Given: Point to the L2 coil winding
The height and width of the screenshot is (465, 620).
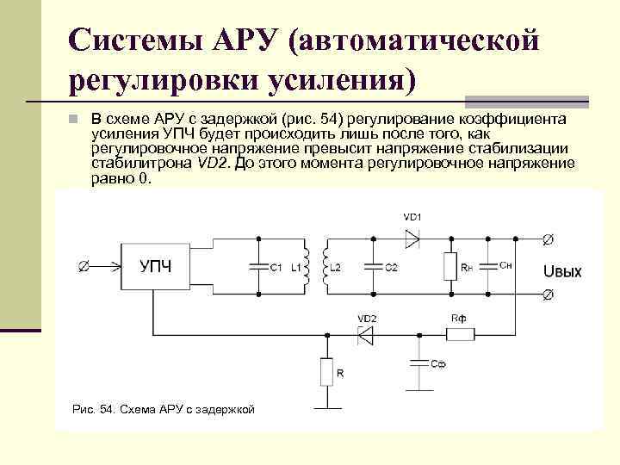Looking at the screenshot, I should [x=325, y=266].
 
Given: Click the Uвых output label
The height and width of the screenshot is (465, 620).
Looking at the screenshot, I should [x=562, y=272].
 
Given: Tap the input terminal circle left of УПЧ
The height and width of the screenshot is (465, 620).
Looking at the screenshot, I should [x=83, y=267].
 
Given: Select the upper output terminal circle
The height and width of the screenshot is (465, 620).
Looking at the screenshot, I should [x=547, y=237].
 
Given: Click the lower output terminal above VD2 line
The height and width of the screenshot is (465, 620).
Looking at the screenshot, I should [x=547, y=296].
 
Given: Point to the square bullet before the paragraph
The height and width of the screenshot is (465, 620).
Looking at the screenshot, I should [x=75, y=118].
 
